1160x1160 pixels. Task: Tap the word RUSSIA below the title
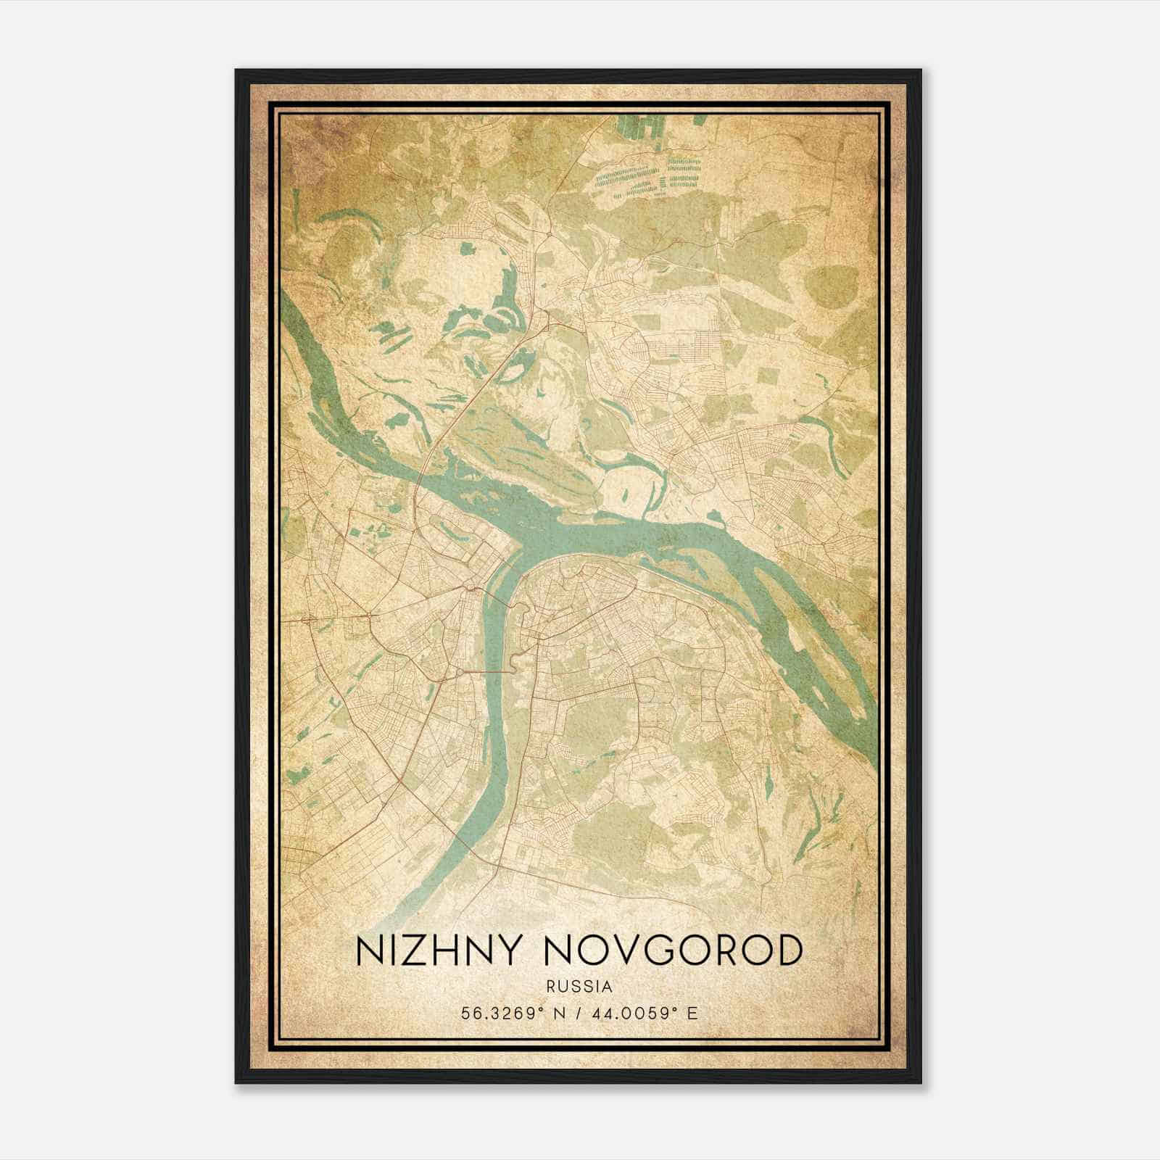coord(579,987)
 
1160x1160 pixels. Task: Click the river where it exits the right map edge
coord(873,754)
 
